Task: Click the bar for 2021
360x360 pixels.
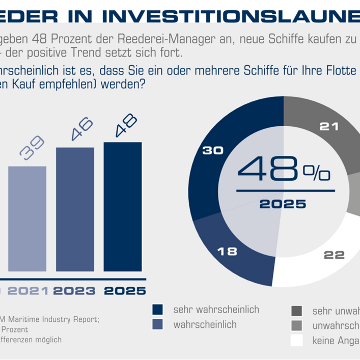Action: coord(27,221)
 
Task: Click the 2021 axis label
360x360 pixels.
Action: coord(29,291)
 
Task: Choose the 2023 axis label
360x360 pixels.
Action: coord(75,291)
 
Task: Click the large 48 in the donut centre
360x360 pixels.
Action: coord(268,171)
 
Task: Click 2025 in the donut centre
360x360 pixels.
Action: coord(283,205)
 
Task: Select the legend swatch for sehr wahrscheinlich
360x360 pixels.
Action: coord(158,310)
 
